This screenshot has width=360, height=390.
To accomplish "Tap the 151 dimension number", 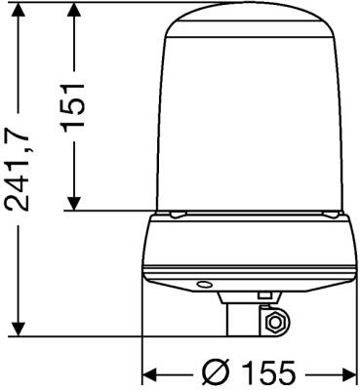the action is pyautogui.click(x=73, y=108).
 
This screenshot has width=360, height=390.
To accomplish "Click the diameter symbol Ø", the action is pyautogui.click(x=217, y=371).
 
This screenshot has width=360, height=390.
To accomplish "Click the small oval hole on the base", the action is pyautogui.click(x=205, y=285).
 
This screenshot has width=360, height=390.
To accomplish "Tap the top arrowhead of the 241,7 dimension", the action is pyautogui.click(x=19, y=11).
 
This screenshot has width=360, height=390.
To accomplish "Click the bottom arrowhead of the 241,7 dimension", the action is pyautogui.click(x=19, y=329).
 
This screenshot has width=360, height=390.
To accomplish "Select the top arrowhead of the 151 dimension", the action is pyautogui.click(x=74, y=11).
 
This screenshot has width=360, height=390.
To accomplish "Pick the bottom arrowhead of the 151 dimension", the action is pyautogui.click(x=74, y=203).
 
